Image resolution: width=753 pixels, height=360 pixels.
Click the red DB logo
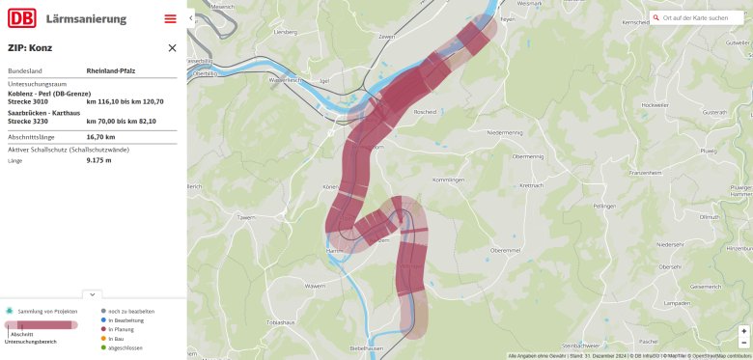[x=22, y=17]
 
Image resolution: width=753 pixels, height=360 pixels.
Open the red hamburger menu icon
[x=171, y=18]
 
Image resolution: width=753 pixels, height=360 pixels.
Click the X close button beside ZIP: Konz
[x=172, y=47]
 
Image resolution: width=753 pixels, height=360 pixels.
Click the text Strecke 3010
[x=27, y=100]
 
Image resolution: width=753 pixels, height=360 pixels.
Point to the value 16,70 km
[x=100, y=136]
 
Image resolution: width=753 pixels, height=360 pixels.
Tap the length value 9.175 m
[x=98, y=160]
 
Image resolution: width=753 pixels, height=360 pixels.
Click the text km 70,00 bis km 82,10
[x=121, y=122]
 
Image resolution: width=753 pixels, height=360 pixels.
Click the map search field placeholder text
[x=695, y=17]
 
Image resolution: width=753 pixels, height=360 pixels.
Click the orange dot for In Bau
[x=103, y=339]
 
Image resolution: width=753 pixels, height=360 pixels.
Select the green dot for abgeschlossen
[x=103, y=347]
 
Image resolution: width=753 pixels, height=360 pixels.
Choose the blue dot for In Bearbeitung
[x=103, y=320]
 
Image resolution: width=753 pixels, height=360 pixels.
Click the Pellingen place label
[x=605, y=207]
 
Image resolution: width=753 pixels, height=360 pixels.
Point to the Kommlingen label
[x=449, y=180]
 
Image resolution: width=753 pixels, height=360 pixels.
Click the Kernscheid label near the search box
[x=636, y=22]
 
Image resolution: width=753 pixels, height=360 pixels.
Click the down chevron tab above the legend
[x=93, y=293]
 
